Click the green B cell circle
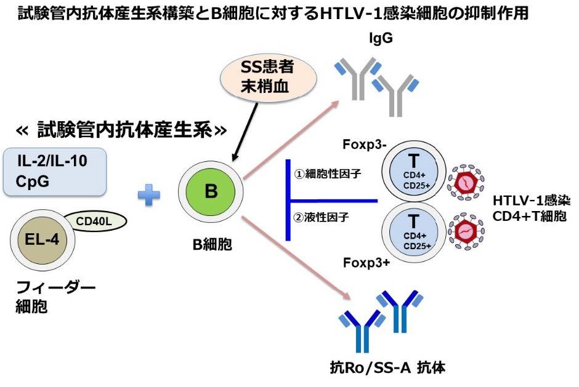[211, 191]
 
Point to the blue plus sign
[148, 195]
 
